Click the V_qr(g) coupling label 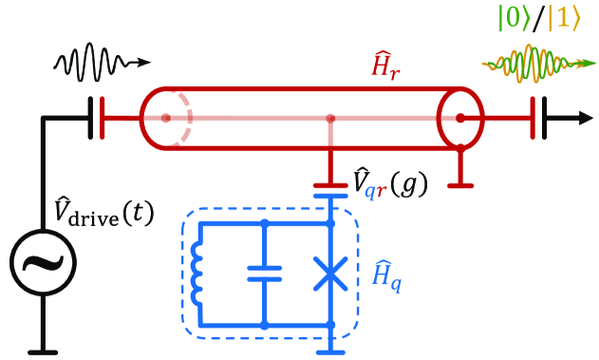388,181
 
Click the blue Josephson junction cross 329,275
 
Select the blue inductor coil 197,275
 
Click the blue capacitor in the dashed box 265,274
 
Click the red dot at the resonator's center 330,119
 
